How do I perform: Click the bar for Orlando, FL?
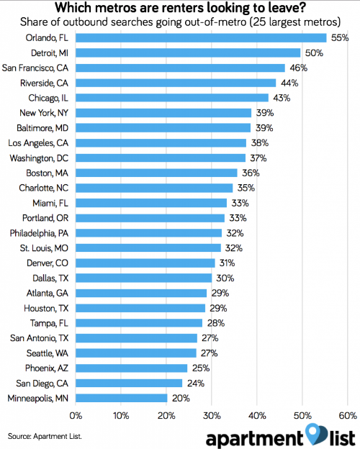[200, 37]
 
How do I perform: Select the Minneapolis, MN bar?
[121, 397]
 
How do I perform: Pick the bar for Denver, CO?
[145, 263]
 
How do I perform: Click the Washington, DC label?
[39, 158]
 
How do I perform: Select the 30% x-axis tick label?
[212, 415]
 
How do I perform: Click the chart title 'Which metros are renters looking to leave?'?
[181, 9]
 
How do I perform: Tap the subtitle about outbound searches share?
[181, 22]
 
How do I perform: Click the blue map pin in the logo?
[313, 432]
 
